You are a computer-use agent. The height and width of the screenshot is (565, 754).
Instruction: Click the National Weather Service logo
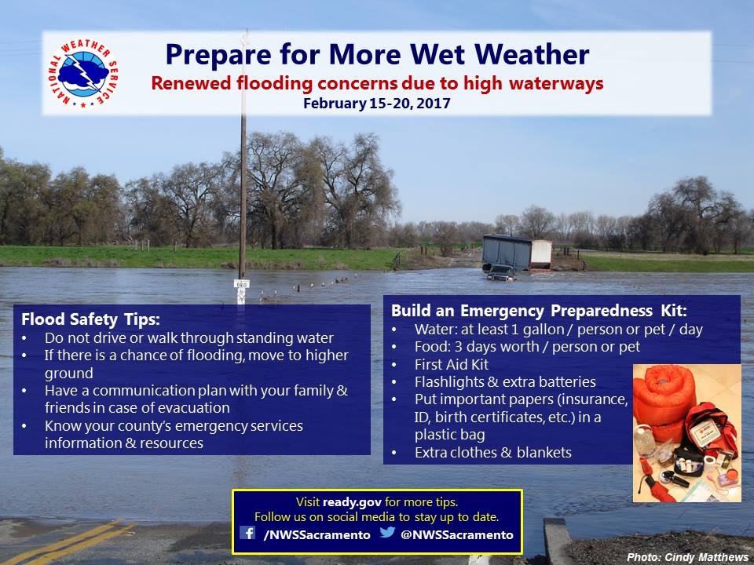pyautogui.click(x=83, y=74)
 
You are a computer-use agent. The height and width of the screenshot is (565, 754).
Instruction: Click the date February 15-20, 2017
pyautogui.click(x=376, y=104)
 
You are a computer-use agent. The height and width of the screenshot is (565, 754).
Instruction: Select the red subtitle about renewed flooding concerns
pyautogui.click(x=377, y=83)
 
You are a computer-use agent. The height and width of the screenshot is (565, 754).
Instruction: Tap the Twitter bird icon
pyautogui.click(x=387, y=532)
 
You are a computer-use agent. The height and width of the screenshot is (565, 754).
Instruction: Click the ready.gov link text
pyautogui.click(x=352, y=502)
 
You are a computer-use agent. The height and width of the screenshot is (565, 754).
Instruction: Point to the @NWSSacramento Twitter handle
pyautogui.click(x=457, y=534)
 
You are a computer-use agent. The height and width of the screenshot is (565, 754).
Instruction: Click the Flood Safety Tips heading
pyautogui.click(x=90, y=319)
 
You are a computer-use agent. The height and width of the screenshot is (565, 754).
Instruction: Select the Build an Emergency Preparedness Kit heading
pyautogui.click(x=539, y=311)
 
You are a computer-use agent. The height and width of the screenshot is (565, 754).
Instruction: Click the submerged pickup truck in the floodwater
pyautogui.click(x=500, y=272)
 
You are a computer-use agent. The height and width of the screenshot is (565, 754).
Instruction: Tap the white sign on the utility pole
pyautogui.click(x=241, y=284)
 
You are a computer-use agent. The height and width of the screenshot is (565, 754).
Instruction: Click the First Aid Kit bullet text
pyautogui.click(x=452, y=365)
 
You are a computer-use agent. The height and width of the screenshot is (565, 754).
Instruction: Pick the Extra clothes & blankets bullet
pyautogui.click(x=493, y=453)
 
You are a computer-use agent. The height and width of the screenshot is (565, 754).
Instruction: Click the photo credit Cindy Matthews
pyautogui.click(x=688, y=557)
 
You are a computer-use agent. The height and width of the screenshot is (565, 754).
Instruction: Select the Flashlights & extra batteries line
pyautogui.click(x=505, y=382)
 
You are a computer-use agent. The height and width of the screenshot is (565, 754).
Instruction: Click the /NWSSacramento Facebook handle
pyautogui.click(x=317, y=534)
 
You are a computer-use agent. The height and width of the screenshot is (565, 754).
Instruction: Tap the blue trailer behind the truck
pyautogui.click(x=507, y=252)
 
